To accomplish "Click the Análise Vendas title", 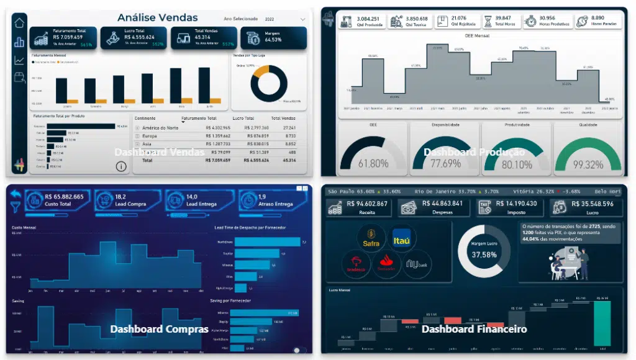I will click(157, 17).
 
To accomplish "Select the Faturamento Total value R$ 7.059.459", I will click(68, 37).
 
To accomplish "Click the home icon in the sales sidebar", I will click(19, 23).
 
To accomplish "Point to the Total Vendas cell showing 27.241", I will click(286, 128).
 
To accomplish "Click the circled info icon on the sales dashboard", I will click(121, 166).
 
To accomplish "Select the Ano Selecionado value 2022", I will click(269, 19).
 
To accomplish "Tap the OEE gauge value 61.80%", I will click(373, 164).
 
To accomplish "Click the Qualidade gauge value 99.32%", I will click(588, 164).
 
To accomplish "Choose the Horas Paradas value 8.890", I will click(597, 18).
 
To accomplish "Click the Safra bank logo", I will click(371, 239).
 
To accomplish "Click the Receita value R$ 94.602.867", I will click(366, 204).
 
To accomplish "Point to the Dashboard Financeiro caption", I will click(474, 329).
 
